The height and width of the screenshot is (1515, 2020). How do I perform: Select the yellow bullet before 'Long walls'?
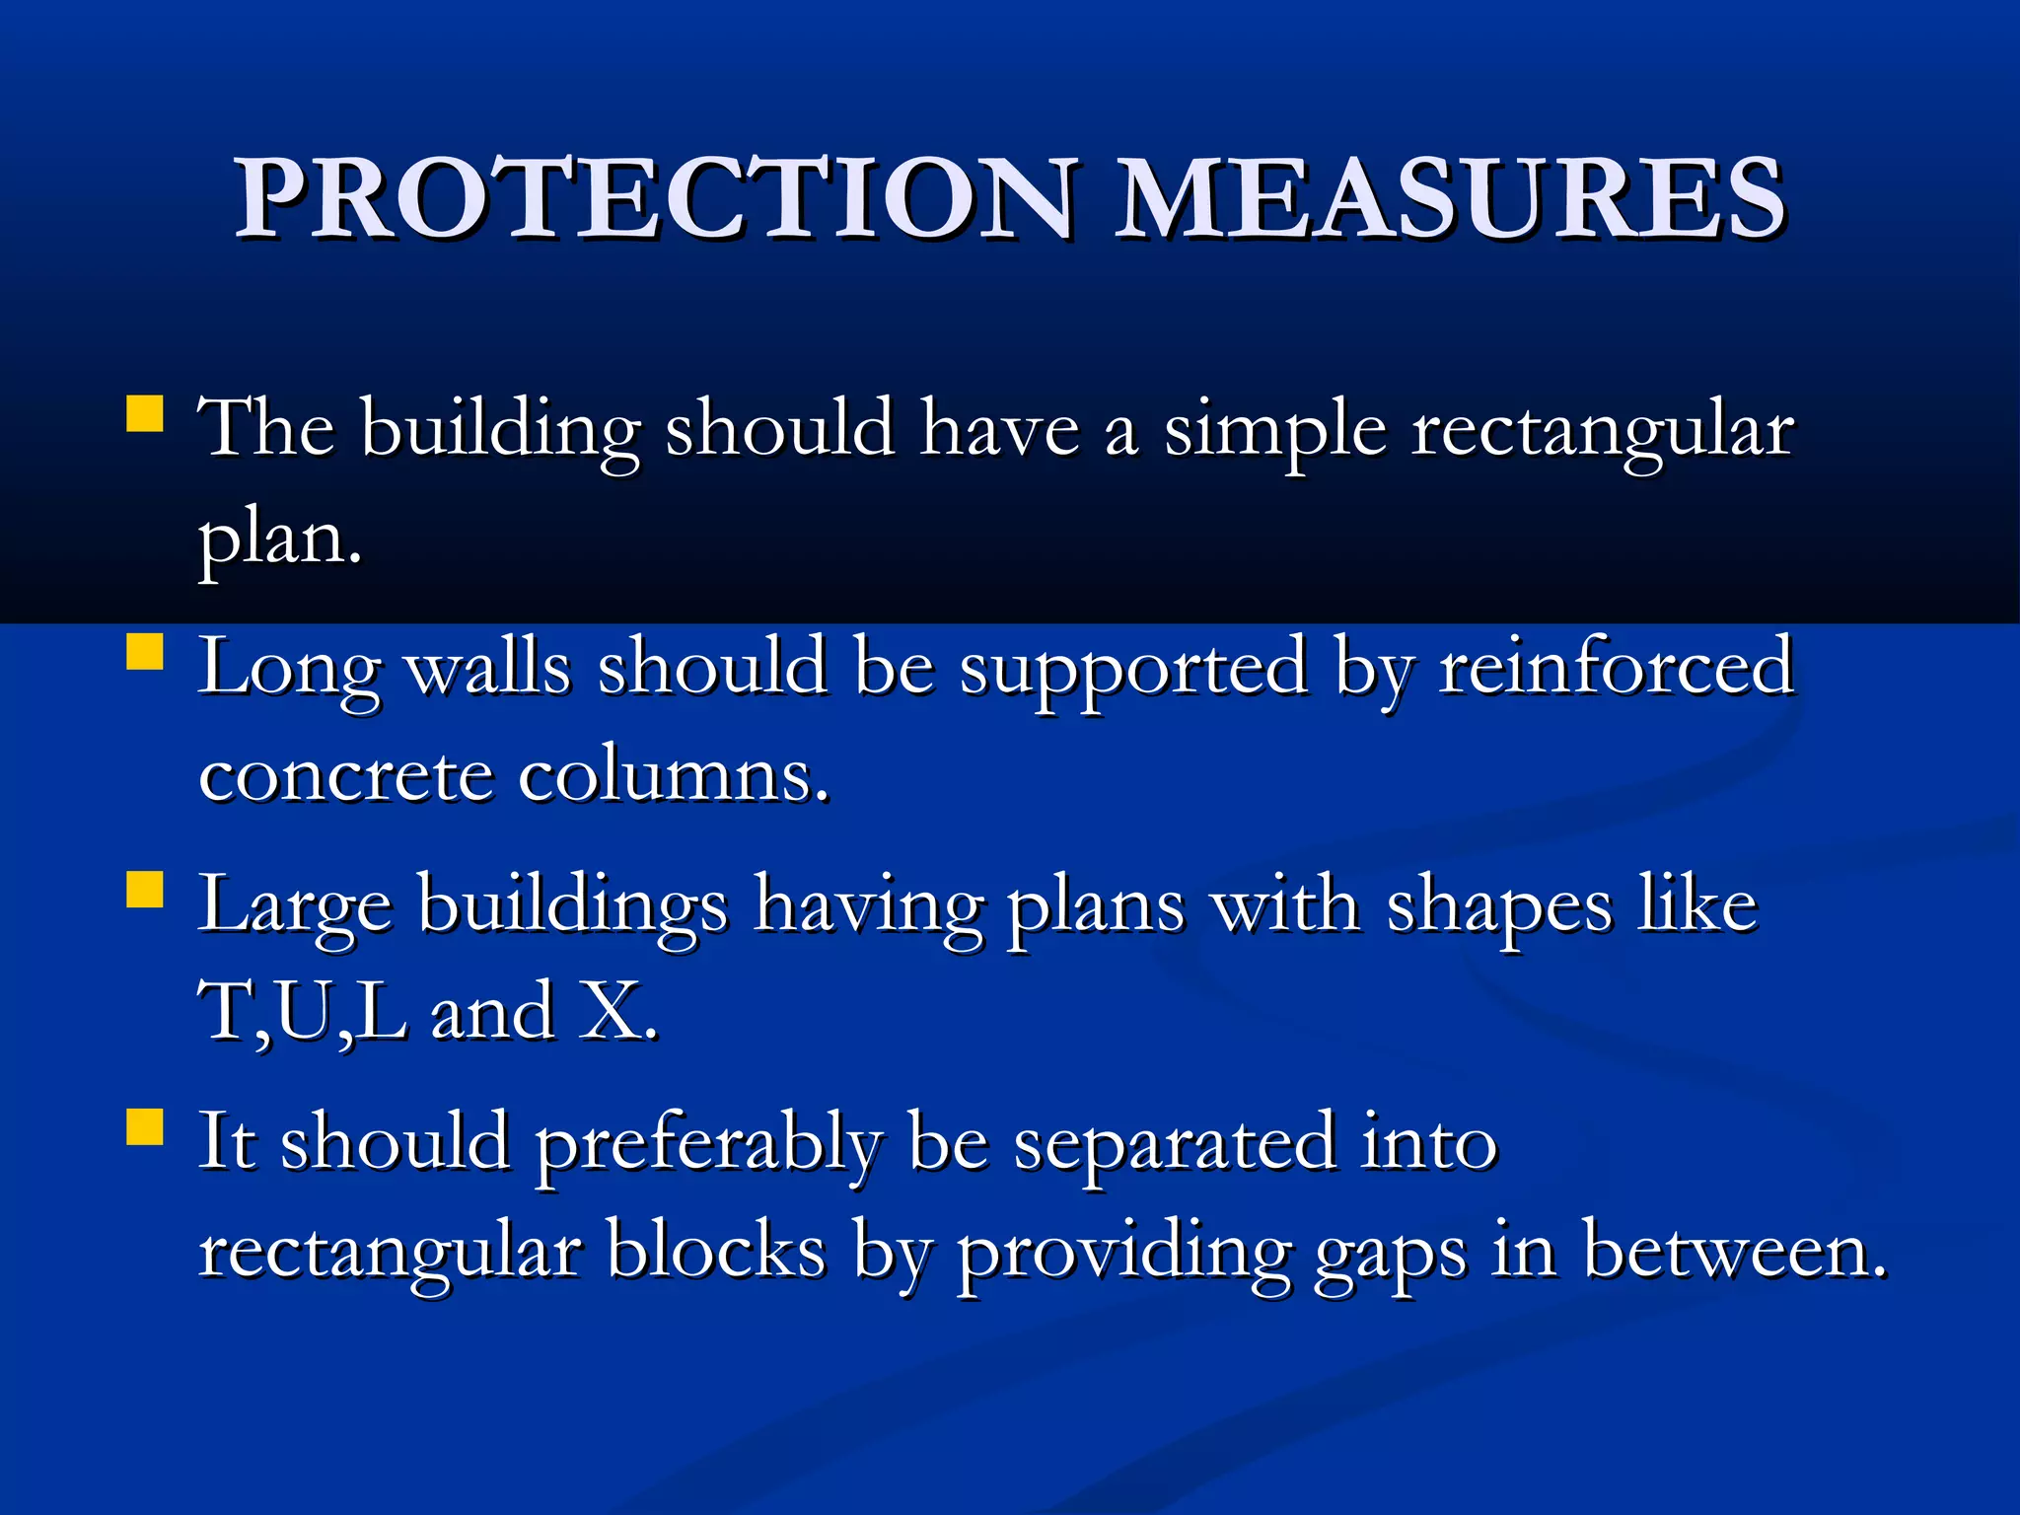click(145, 652)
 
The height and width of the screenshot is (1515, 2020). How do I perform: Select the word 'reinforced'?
click(1616, 669)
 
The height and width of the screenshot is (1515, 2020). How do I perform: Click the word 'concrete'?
click(345, 777)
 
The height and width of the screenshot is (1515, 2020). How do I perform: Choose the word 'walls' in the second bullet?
click(488, 669)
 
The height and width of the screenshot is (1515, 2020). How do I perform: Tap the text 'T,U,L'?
click(302, 1012)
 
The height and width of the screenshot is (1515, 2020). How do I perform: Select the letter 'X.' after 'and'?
click(617, 1012)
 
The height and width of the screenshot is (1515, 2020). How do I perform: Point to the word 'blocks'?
click(716, 1251)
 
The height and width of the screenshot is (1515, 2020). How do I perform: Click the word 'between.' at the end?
click(1735, 1251)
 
